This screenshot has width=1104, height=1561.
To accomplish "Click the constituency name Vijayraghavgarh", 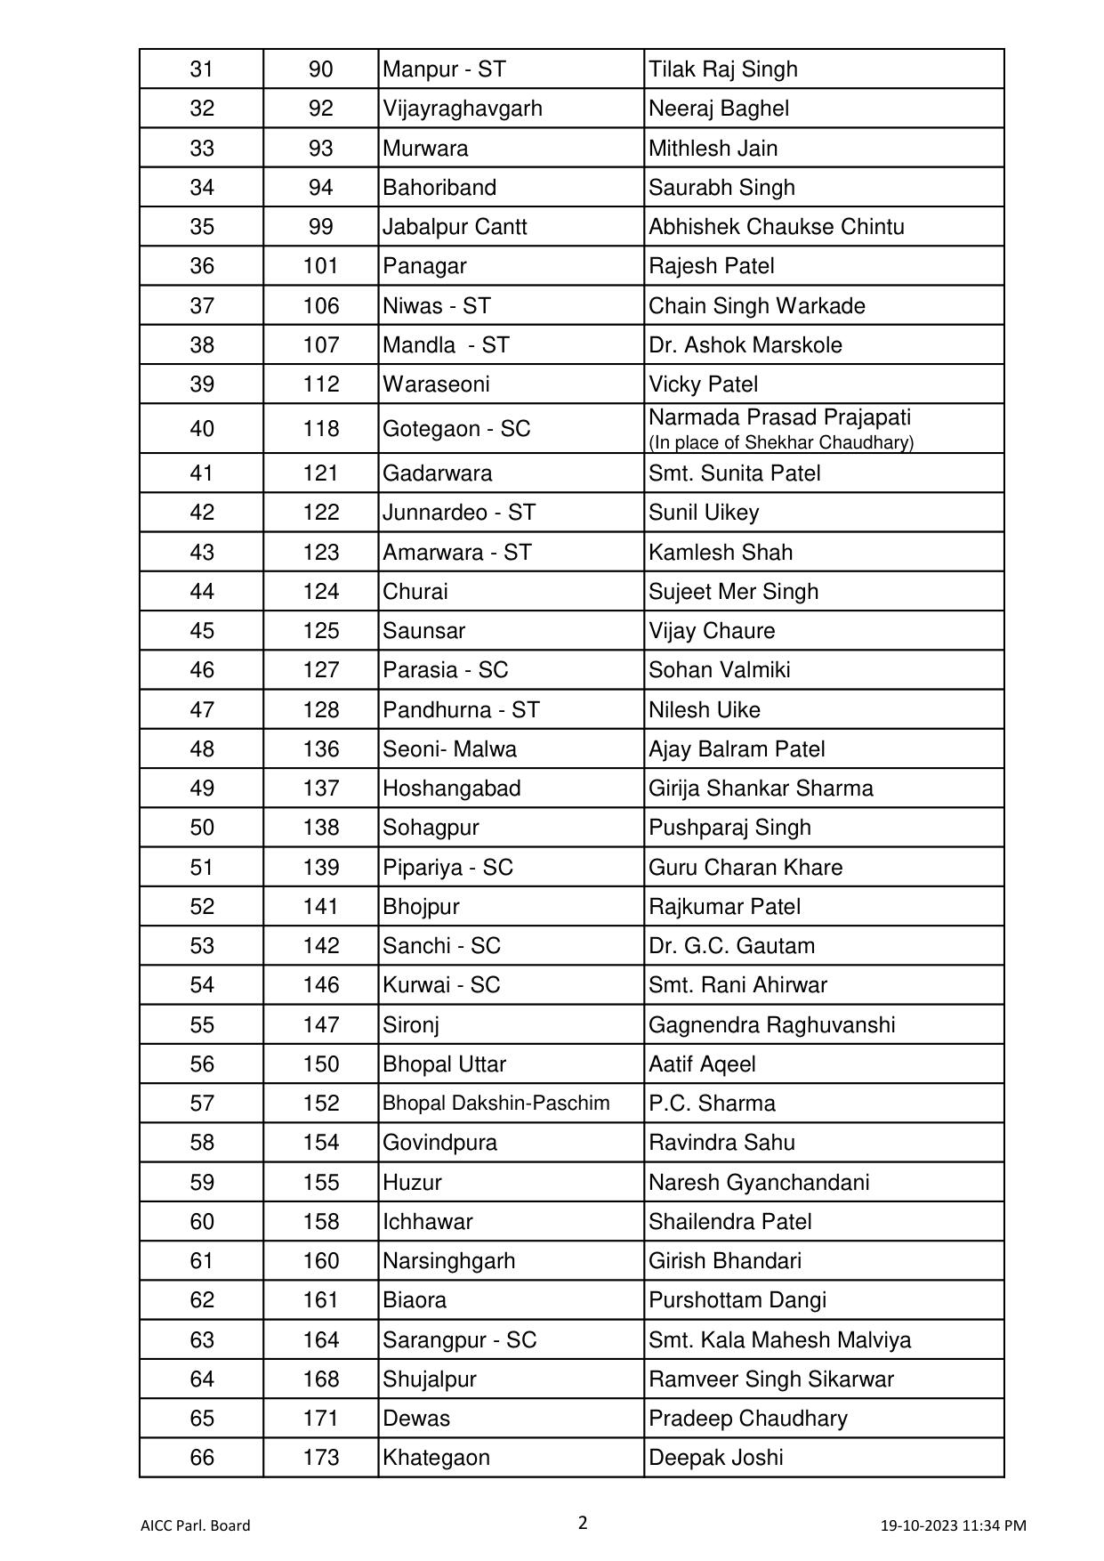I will (x=462, y=109).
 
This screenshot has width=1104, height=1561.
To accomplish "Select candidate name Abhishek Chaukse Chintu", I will (x=776, y=227).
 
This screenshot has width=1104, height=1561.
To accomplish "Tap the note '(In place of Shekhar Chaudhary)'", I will (x=780, y=442).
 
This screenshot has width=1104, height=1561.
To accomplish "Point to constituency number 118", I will (x=320, y=429).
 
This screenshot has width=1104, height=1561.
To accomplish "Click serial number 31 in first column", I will (x=202, y=69).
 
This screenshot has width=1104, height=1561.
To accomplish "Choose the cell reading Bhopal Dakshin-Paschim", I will (x=496, y=1104).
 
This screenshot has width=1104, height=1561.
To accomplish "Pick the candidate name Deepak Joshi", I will (x=715, y=1458).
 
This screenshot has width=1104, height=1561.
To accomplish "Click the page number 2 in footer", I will (x=583, y=1523).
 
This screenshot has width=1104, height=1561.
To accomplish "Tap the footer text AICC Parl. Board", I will (x=195, y=1525).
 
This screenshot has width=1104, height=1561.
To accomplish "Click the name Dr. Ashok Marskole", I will (x=745, y=345).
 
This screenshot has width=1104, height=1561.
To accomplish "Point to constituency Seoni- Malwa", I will (x=449, y=749).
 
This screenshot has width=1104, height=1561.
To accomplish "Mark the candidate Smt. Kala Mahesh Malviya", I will (x=779, y=1340).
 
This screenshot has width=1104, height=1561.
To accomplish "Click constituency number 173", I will (x=320, y=1458).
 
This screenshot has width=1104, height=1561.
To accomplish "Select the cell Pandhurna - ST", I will (x=461, y=710).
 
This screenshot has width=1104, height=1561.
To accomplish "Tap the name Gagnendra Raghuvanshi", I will (x=771, y=1025).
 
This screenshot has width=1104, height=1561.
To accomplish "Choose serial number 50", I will (x=202, y=828).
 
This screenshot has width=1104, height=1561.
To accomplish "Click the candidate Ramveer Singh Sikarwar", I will (x=770, y=1379).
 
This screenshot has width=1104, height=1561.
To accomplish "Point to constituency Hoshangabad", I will (x=451, y=789).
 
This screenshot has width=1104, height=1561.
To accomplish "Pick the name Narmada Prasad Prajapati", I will (x=779, y=417).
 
